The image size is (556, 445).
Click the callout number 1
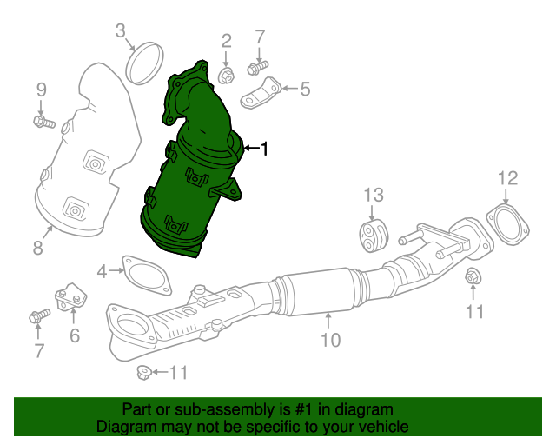(x=264, y=149)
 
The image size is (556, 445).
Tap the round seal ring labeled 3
(x=146, y=62)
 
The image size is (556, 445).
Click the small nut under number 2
(x=224, y=76)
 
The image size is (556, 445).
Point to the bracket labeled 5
(x=262, y=93)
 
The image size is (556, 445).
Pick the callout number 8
(x=37, y=249)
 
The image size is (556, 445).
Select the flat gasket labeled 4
(x=145, y=272)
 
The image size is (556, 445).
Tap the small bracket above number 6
(x=69, y=296)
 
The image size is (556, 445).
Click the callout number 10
(x=330, y=340)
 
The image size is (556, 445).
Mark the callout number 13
(x=373, y=194)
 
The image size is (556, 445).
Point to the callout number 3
(x=121, y=33)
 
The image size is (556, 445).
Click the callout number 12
(x=507, y=179)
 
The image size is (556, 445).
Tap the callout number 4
(x=103, y=272)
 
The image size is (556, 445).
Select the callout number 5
(x=304, y=88)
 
